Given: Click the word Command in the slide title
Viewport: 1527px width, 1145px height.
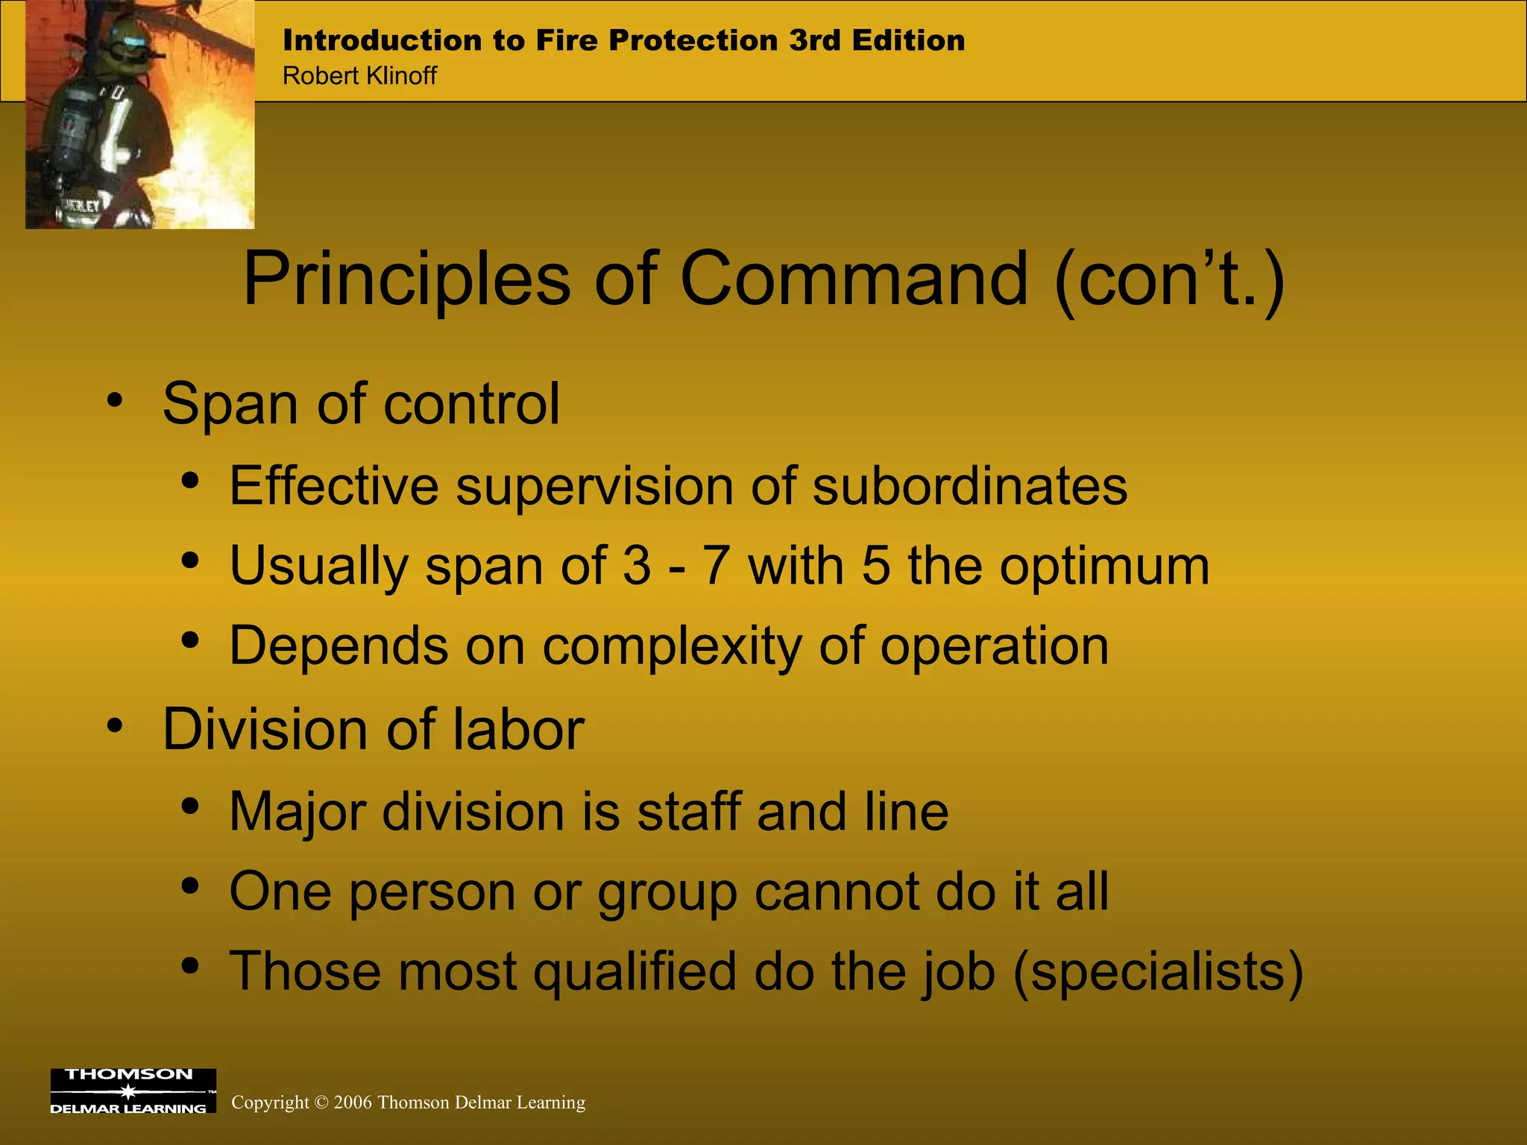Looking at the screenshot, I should tap(854, 280).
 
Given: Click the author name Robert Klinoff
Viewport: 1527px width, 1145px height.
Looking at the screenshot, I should tap(359, 76).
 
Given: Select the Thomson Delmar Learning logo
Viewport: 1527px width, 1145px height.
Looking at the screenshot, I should tap(133, 1091).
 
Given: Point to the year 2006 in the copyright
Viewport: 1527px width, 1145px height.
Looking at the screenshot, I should tap(353, 1103).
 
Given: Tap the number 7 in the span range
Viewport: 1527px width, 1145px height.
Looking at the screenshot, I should tap(716, 566).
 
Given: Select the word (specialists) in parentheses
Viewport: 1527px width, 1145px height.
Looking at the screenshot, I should tap(1158, 972).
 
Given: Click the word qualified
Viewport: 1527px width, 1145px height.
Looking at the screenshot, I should tap(635, 972).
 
